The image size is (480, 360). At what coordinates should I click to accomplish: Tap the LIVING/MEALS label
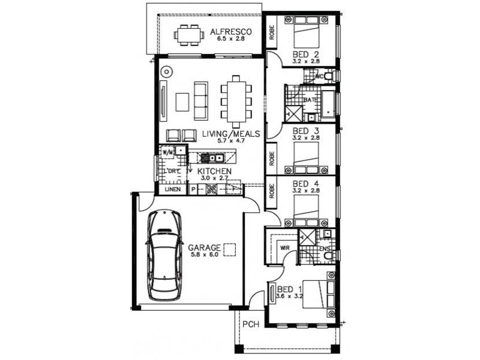pyautogui.click(x=230, y=133)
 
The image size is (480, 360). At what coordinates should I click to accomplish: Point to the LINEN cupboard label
pyautogui.click(x=173, y=190)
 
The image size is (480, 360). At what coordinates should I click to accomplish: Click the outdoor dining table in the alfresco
pyautogui.click(x=188, y=35)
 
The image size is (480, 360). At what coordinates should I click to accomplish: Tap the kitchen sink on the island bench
pyautogui.click(x=213, y=158)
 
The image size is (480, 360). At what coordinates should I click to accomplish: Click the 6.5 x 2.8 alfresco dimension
pyautogui.click(x=230, y=40)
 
